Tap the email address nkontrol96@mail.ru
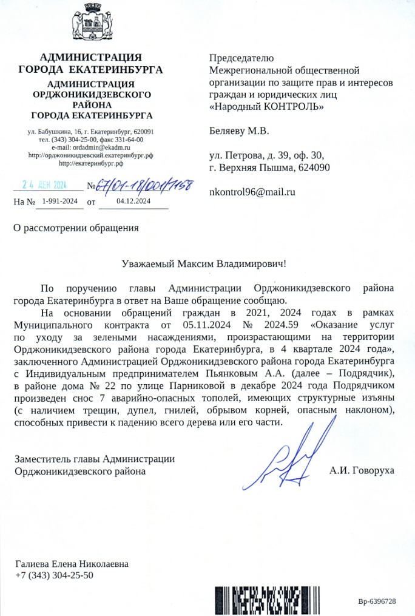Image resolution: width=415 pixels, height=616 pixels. tap(252, 192)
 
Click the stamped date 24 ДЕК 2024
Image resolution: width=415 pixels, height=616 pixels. tap(44, 184)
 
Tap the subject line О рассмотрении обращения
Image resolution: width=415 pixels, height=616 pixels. tap(76, 228)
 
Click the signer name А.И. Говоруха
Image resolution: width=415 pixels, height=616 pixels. tap(362, 470)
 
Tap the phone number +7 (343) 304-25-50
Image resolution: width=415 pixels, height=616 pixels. tap(55, 575)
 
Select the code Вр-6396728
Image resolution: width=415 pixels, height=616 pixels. tap(377, 601)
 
